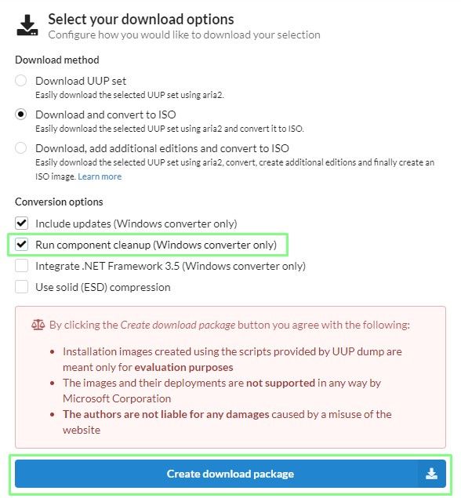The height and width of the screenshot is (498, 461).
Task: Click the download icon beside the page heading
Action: click(x=27, y=25)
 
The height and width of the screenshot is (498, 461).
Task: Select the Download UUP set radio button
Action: click(x=21, y=81)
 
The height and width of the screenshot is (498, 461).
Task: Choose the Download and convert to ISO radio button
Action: click(x=21, y=115)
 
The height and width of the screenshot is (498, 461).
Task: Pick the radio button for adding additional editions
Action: click(x=21, y=148)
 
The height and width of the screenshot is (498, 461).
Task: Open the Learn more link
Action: click(x=100, y=176)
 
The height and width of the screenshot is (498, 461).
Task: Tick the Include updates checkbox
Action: click(x=21, y=224)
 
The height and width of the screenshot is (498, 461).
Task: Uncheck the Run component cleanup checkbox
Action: click(x=21, y=245)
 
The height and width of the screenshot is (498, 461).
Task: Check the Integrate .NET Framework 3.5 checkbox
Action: click(x=21, y=266)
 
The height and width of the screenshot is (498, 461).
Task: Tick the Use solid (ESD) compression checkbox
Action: click(x=21, y=287)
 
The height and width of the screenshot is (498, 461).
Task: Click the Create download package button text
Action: click(x=230, y=474)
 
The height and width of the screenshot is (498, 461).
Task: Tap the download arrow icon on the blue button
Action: click(x=431, y=474)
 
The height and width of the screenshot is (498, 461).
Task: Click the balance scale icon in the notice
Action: click(x=38, y=324)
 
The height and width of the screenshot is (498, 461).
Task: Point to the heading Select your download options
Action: click(x=141, y=19)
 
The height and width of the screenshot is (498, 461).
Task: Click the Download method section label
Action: click(x=56, y=60)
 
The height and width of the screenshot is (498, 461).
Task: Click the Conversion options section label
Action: click(x=59, y=202)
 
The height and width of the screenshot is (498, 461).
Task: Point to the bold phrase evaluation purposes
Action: click(x=183, y=367)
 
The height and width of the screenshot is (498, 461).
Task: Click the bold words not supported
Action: click(x=288, y=383)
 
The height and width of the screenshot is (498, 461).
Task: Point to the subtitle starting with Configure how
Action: click(x=184, y=35)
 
